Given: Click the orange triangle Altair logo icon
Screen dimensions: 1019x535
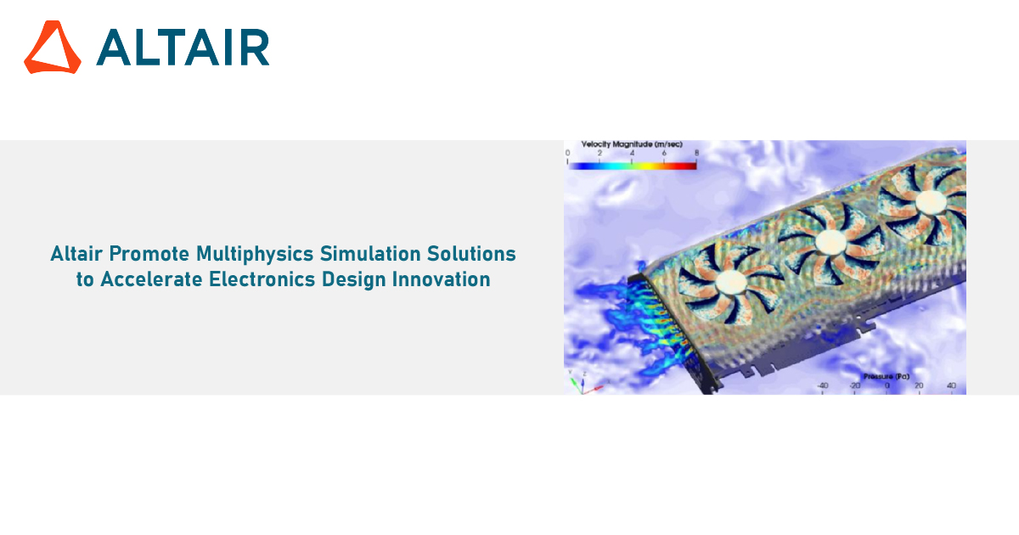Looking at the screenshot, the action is (53, 47).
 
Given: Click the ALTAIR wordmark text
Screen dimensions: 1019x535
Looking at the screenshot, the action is (183, 48).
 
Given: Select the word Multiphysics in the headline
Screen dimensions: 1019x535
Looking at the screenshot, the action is (255, 254).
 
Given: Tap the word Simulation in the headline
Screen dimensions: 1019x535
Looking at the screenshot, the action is (370, 253).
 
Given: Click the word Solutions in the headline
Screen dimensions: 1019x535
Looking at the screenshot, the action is (471, 253).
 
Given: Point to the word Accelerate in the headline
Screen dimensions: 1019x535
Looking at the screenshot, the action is (151, 279).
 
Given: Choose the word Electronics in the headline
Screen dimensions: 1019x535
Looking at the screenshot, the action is (262, 279).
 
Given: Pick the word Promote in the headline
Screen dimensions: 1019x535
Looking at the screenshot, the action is (149, 253).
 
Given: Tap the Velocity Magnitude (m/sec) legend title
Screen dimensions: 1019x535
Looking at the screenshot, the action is (632, 144).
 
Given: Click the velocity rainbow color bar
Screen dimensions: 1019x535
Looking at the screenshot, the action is (633, 166).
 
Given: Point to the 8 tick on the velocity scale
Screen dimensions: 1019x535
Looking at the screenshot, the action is (696, 154).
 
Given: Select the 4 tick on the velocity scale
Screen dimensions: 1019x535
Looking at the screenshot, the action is (632, 154).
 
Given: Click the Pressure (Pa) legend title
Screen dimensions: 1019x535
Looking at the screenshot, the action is (887, 377).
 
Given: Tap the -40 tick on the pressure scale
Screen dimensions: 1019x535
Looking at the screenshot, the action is (823, 386).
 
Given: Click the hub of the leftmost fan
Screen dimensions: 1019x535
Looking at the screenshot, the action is (731, 282).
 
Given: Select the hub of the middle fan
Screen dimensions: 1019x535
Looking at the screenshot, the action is (830, 242).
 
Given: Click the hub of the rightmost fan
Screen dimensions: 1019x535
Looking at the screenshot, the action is (931, 202).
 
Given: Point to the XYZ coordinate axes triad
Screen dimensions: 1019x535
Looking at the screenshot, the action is (584, 383).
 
